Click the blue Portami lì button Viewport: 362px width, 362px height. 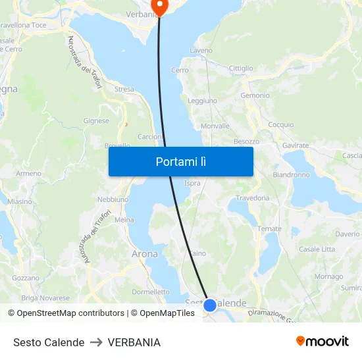[x=180, y=161]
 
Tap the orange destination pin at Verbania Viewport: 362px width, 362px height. [x=159, y=6]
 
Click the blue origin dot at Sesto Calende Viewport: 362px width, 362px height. [x=210, y=305]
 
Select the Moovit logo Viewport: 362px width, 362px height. [x=323, y=342]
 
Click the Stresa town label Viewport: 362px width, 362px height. [x=124, y=90]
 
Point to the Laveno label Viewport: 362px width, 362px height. [x=201, y=50]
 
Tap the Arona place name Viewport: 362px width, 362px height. [x=145, y=253]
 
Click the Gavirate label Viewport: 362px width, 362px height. [x=296, y=145]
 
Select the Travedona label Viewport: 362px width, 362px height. [x=253, y=197]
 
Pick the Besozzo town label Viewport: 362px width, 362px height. [x=246, y=142]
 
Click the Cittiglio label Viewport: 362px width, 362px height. [x=241, y=68]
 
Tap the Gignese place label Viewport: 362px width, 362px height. [x=96, y=121]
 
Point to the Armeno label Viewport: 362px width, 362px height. [x=28, y=174]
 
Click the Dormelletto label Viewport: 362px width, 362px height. [x=151, y=292]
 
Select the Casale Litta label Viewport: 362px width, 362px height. [x=317, y=249]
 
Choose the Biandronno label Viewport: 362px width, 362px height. [x=291, y=175]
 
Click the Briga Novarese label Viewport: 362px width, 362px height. [x=45, y=297]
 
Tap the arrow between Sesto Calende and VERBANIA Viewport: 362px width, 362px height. [x=96, y=342]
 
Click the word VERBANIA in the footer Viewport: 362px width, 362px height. [x=134, y=342]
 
